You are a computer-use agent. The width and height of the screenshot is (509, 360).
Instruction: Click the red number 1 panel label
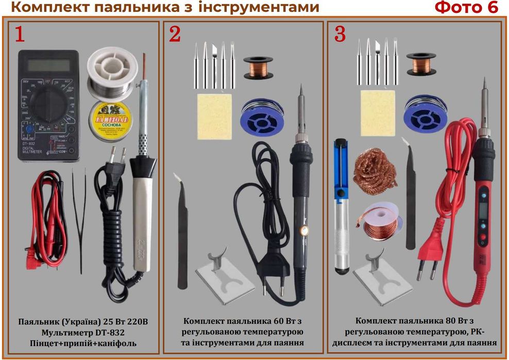point(19,34)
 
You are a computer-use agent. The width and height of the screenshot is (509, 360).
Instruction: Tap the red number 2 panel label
point(175,34)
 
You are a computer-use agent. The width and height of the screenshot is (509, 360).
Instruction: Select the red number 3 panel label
point(340,34)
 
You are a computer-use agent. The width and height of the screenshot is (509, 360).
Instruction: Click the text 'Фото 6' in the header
point(466,8)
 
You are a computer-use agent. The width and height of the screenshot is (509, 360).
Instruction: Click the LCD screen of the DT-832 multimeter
point(48,65)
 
